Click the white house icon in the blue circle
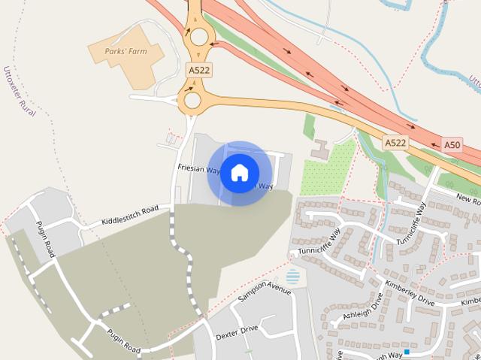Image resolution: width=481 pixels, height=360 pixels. click(239, 173)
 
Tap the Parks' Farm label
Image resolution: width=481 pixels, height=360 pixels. click(127, 52)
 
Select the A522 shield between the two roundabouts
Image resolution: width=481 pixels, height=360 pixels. click(199, 70)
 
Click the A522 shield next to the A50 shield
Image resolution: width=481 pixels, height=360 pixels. click(395, 142)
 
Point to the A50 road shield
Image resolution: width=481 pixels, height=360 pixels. click(452, 144)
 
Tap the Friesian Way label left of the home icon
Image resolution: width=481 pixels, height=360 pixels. click(198, 171)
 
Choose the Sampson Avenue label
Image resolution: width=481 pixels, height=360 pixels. click(263, 294)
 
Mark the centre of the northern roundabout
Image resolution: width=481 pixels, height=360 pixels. click(198, 36)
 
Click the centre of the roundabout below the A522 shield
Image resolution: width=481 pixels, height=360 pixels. click(192, 100)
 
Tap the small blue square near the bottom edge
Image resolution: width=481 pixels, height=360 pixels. click(407, 351)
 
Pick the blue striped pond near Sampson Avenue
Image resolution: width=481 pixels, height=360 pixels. click(292, 277)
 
